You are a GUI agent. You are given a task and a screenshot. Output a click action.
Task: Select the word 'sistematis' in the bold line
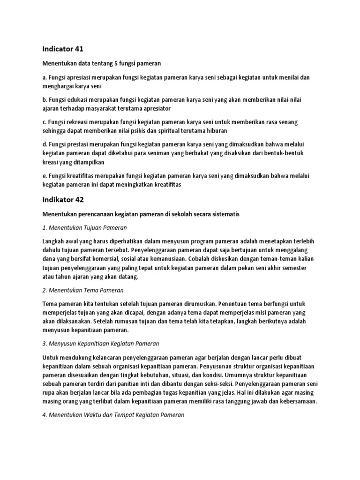tap(225, 214)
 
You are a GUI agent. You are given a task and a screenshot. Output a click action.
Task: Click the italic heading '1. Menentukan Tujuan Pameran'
tap(84, 227)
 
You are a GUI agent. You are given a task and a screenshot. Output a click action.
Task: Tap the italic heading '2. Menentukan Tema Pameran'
tap(83, 290)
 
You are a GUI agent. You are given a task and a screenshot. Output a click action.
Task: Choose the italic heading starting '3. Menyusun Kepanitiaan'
tap(100, 344)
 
